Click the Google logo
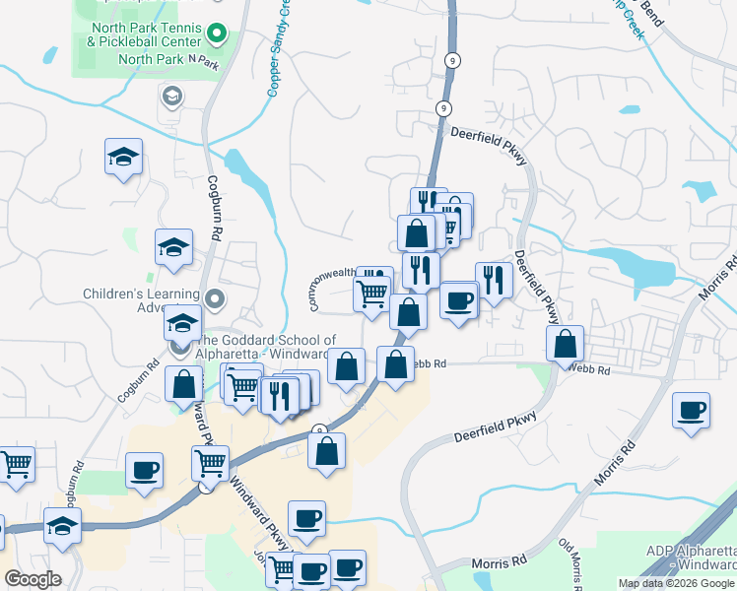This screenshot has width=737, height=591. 33,579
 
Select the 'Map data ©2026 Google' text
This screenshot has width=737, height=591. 676,583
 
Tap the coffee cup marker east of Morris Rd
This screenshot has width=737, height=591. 691,410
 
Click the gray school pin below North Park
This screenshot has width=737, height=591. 171,96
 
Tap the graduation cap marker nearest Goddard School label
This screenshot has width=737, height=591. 183,322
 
